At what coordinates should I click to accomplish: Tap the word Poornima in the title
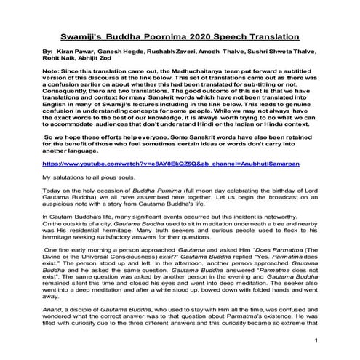[x=167, y=36]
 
